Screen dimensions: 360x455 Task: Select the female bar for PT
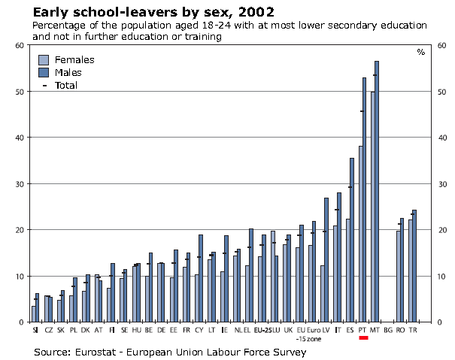(x=360, y=234)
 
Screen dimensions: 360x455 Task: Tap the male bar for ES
(x=351, y=240)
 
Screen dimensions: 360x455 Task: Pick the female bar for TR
(x=410, y=271)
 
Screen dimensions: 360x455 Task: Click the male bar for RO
(x=402, y=270)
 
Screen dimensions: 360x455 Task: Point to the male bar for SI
(x=37, y=307)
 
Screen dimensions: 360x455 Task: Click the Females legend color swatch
(x=44, y=59)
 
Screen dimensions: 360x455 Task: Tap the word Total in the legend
(x=66, y=85)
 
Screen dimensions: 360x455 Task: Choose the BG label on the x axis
(x=387, y=329)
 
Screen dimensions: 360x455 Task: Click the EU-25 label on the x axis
(x=263, y=329)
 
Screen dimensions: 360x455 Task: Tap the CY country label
(x=199, y=329)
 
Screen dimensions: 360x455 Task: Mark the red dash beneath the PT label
(x=362, y=337)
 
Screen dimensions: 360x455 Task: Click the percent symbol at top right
(x=420, y=52)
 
